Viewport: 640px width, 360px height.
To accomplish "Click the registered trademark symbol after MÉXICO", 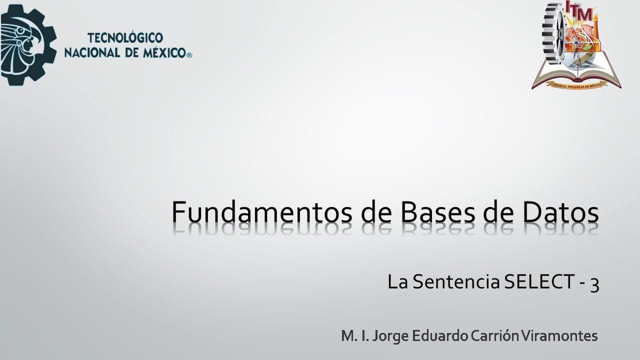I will (188, 55).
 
